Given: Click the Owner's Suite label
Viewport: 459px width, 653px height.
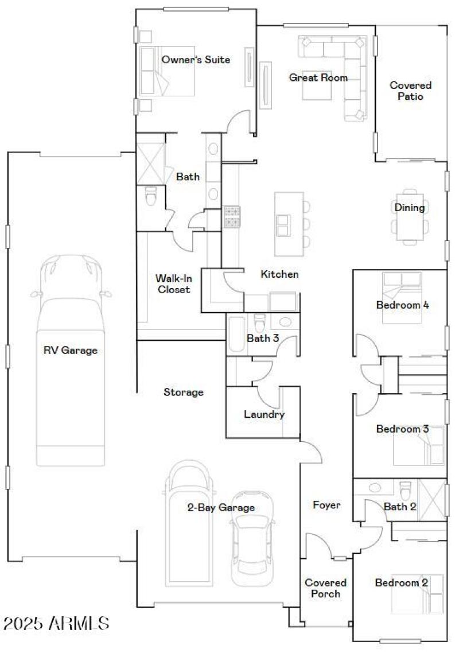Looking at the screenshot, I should point(196,60).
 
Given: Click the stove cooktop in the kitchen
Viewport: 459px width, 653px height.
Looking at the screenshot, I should point(232,216).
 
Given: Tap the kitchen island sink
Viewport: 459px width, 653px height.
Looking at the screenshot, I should point(283,225).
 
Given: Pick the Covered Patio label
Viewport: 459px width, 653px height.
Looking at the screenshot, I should point(410,91).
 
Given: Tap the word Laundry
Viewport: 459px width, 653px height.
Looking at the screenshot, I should point(264,414).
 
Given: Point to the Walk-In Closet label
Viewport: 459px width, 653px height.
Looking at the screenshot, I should point(172,283).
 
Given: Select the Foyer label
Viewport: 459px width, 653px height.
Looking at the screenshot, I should point(326,505).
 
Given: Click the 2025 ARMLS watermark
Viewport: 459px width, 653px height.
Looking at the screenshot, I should point(56,623).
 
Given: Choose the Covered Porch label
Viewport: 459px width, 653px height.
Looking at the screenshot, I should point(325,588).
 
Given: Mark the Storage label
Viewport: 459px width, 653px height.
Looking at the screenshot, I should point(184,392).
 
